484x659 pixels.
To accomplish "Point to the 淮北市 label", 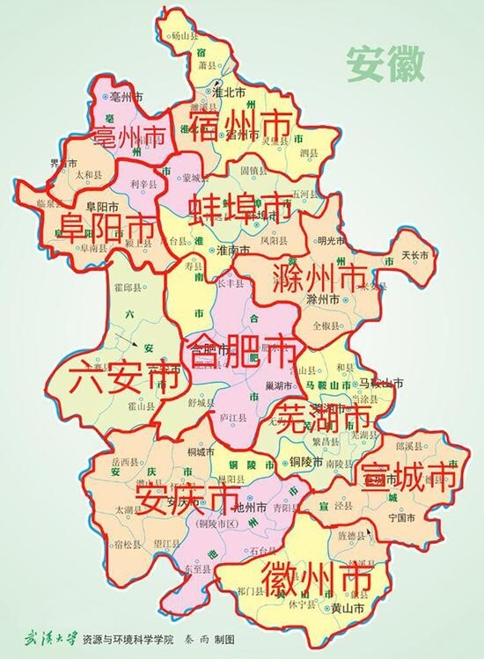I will click(230, 90).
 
